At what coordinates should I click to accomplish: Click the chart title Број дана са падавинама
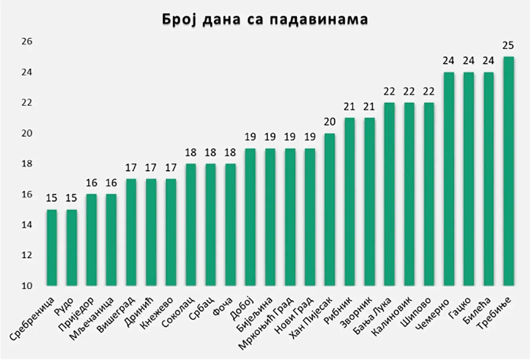click(265, 19)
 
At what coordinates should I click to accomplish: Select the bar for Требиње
click(508, 171)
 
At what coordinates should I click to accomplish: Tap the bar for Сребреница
click(52, 247)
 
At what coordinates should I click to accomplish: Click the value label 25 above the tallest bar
click(508, 46)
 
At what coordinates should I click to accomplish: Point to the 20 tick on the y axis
click(27, 133)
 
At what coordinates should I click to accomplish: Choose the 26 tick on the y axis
click(27, 42)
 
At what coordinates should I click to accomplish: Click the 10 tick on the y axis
click(27, 286)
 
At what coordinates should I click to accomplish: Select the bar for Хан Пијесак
click(329, 209)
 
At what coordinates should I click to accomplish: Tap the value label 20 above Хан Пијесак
click(329, 122)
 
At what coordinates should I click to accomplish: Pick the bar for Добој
click(250, 217)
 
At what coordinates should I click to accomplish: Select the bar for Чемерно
click(448, 179)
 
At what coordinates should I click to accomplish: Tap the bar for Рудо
click(71, 247)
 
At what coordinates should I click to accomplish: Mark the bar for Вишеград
click(131, 232)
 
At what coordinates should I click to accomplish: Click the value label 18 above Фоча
click(230, 153)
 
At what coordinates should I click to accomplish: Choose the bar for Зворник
click(369, 201)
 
